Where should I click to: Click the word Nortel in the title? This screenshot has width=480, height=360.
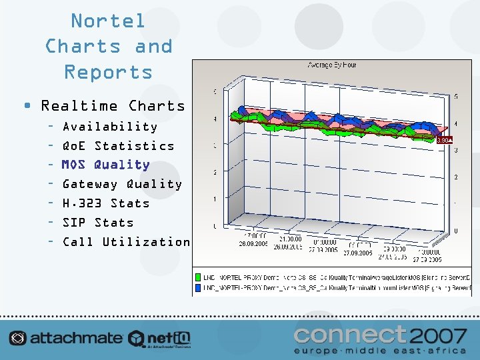coord(108,21)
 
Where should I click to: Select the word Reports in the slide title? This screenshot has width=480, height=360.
coord(108,72)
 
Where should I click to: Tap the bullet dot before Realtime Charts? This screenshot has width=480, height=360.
coord(27,106)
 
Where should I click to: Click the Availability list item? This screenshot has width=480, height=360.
coord(110,127)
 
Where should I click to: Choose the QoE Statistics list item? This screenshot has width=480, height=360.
coord(118,146)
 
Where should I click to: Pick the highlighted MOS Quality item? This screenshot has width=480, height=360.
coord(105,165)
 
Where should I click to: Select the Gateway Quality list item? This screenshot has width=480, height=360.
coord(122,184)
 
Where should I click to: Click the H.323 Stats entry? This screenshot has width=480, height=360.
coord(106,203)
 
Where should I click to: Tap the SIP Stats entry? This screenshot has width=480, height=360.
coord(98,223)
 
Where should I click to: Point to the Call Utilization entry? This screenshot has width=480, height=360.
coord(126,242)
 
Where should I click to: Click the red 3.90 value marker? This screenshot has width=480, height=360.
coord(443,140)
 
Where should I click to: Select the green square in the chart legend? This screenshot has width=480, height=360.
coord(198,276)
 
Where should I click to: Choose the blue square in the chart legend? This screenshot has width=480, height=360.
coord(198,287)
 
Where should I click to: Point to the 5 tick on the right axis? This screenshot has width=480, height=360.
coord(455,97)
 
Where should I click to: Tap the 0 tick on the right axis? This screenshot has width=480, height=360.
coord(455,231)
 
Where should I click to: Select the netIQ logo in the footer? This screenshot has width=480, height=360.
coord(160,338)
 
